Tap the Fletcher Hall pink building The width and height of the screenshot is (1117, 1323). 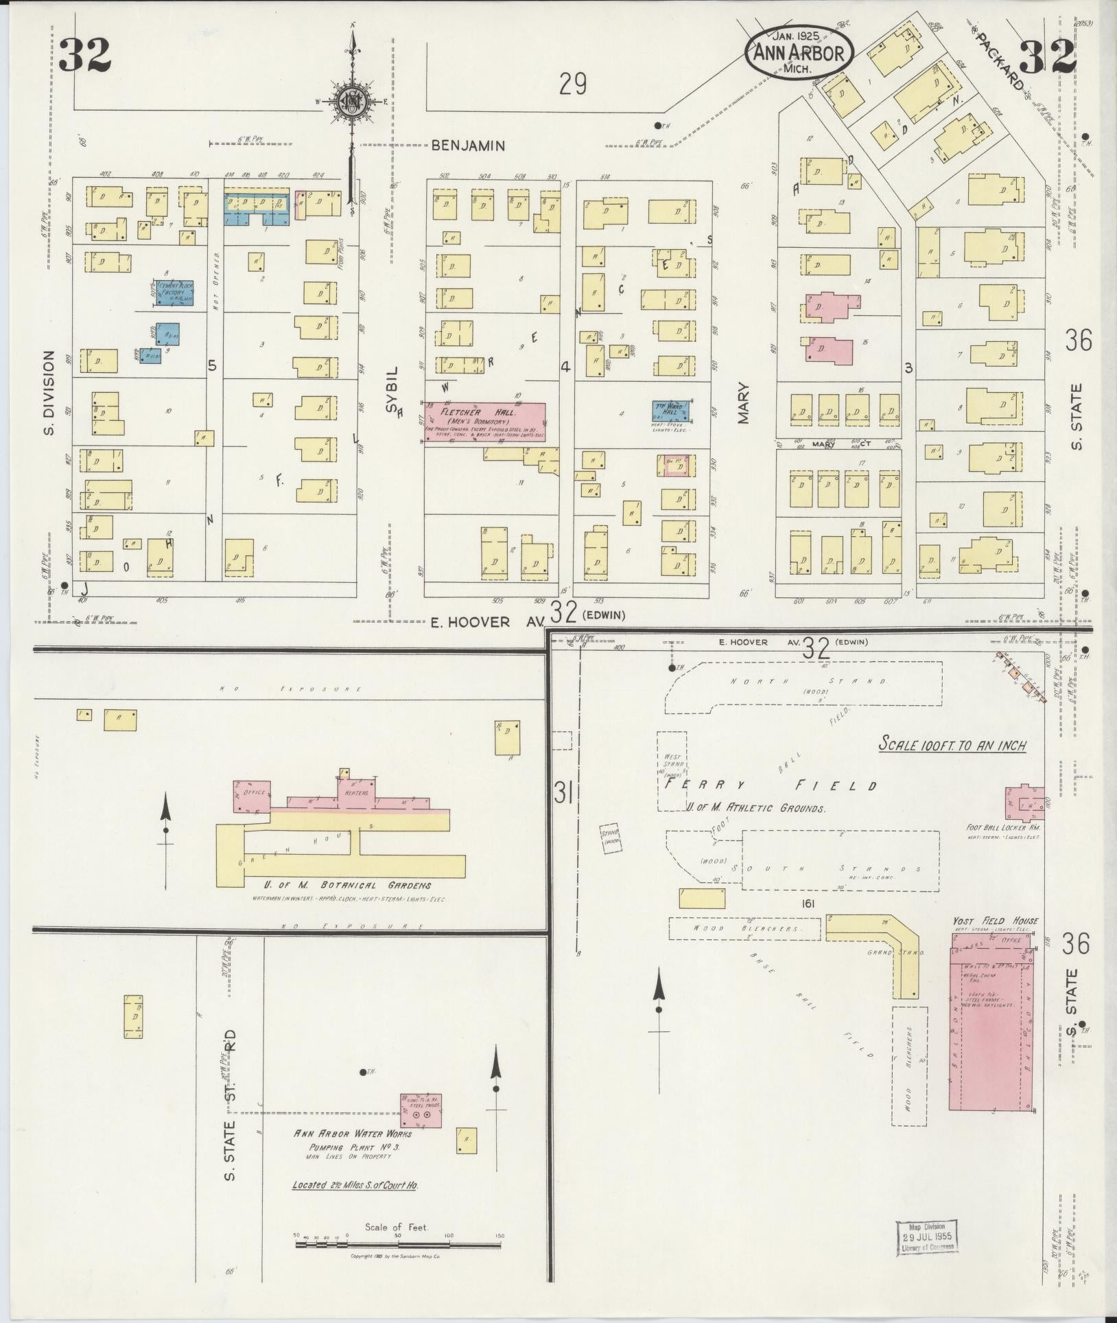click(485, 422)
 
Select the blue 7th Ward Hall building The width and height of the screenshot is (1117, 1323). click(670, 411)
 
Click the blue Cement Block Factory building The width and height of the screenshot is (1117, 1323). click(173, 292)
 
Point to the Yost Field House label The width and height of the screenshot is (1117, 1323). click(995, 921)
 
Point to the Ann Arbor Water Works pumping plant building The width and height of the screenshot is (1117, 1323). click(420, 1110)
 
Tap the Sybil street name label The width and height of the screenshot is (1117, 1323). click(392, 398)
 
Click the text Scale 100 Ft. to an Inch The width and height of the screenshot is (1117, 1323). click(953, 745)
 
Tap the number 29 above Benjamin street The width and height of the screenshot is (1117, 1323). click(572, 84)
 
